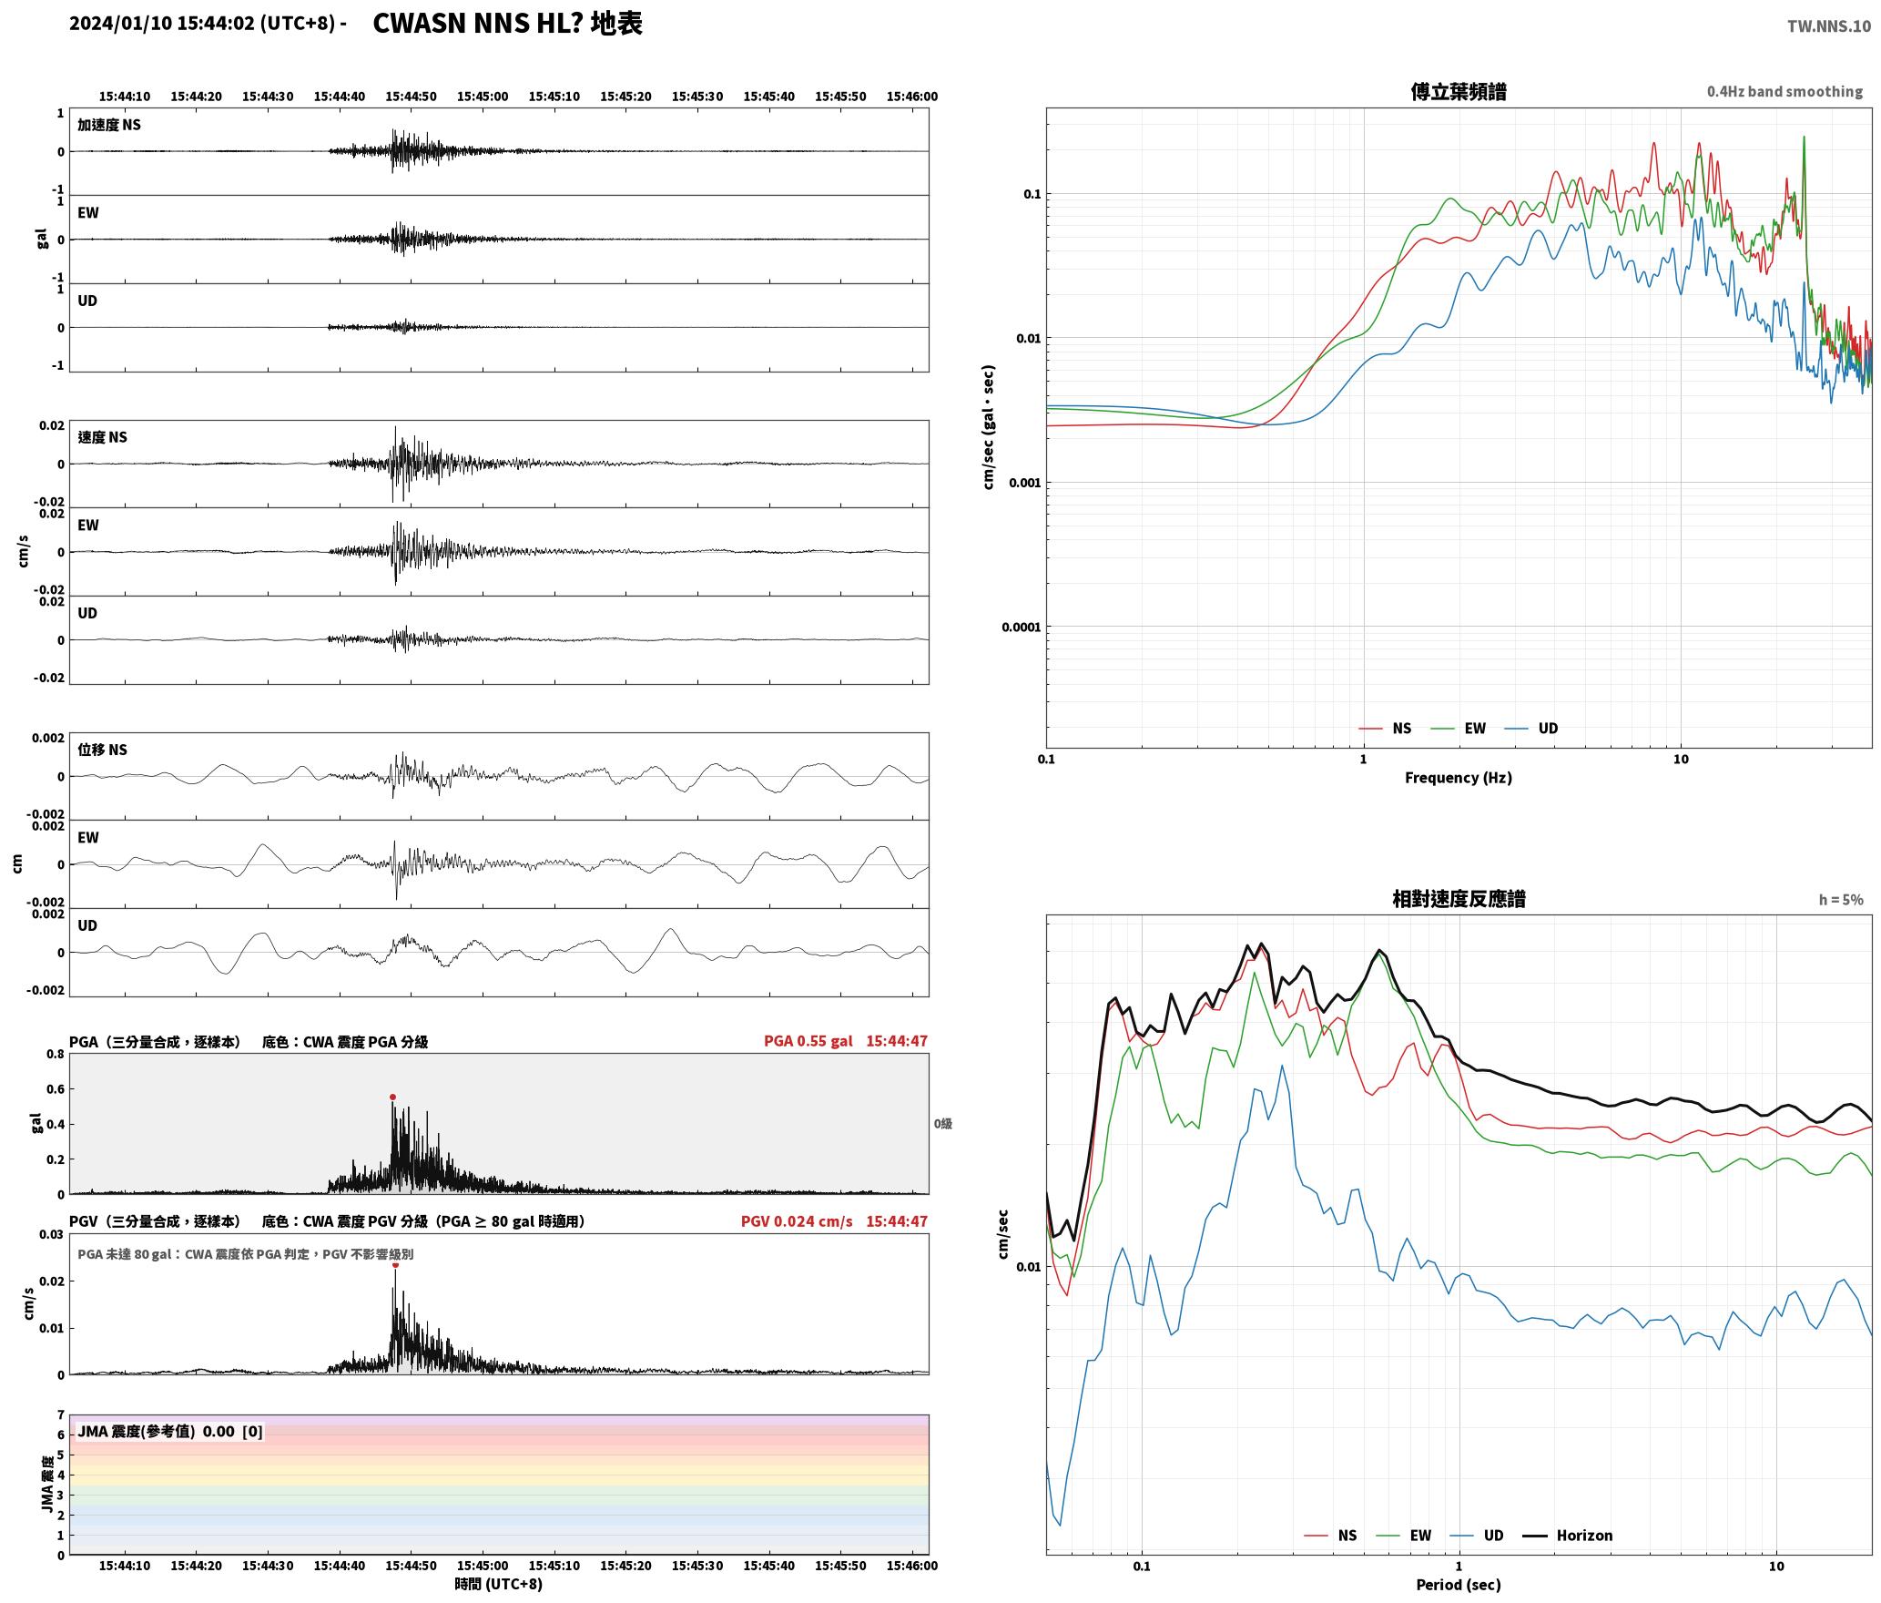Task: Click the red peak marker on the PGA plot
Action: coord(392,1097)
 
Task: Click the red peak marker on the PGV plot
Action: coord(395,1264)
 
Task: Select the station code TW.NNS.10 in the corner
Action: coord(1829,26)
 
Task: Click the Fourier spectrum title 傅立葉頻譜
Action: coord(1458,91)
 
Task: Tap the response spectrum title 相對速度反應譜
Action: coord(1459,899)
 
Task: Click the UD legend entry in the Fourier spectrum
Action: coord(1531,728)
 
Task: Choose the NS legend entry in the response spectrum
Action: coord(1330,1535)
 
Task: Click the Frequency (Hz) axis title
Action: coord(1458,777)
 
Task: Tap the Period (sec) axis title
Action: coord(1458,1584)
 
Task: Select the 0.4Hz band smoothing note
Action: coord(1784,91)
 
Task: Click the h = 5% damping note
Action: coord(1841,899)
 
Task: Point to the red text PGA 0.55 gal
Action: coord(808,1040)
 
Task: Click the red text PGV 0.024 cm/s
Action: coord(797,1220)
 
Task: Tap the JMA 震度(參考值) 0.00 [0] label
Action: coord(170,1431)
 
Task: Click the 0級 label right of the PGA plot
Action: coord(942,1124)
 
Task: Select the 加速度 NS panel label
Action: coord(109,125)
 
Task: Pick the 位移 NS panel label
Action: coord(103,750)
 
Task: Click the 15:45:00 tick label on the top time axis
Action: coord(483,96)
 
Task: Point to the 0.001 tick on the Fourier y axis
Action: coord(1024,483)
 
